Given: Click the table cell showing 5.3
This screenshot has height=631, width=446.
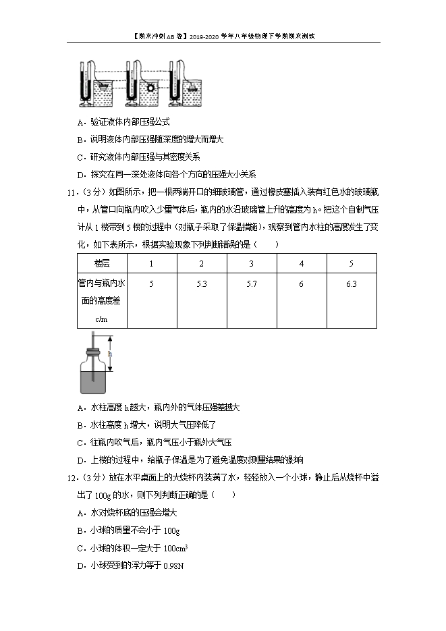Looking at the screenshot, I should (x=201, y=284).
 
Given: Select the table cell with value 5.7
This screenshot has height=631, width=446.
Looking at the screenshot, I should (x=251, y=284).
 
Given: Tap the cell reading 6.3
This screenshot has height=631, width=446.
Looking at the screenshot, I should (x=351, y=284).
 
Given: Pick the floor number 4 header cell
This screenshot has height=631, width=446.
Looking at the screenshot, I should (x=301, y=263).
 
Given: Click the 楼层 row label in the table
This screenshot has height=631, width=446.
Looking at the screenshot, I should (x=102, y=263).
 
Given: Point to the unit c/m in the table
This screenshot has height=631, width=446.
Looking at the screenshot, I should (x=102, y=318).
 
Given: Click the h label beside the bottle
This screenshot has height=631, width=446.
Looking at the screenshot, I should (x=110, y=354).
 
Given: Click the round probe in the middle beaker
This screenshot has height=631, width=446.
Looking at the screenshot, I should (x=150, y=87).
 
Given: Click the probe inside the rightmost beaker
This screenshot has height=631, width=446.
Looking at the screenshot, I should (x=194, y=86).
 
